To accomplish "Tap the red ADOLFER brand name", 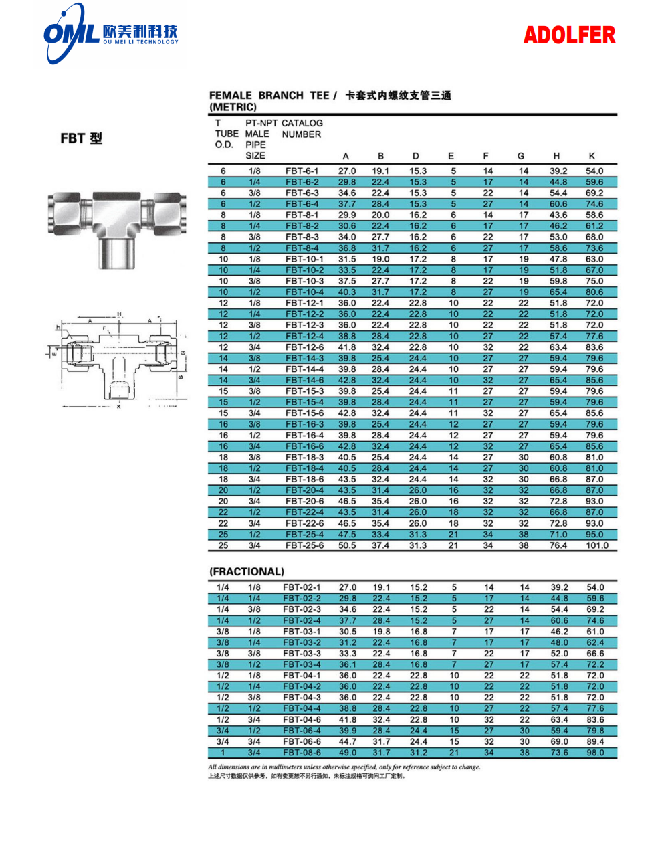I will click(569, 35).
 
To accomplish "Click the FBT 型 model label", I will click(82, 138).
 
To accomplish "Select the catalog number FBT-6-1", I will click(302, 171).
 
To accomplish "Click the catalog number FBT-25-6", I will click(304, 546).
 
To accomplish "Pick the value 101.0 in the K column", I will click(596, 546).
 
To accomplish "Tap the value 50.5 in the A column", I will click(347, 546).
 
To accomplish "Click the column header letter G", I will click(521, 157).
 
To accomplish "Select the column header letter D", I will click(416, 157).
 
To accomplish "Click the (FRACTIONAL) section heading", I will click(247, 572).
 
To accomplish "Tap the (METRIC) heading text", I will click(233, 108).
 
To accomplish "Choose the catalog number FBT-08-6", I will click(302, 753).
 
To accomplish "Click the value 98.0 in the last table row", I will click(595, 753).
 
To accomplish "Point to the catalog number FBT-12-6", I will click(304, 347).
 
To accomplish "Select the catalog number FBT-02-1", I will click(302, 587).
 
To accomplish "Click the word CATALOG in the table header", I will click(302, 124).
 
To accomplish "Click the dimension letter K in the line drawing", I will click(119, 406).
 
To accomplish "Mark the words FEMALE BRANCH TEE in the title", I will click(269, 96).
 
